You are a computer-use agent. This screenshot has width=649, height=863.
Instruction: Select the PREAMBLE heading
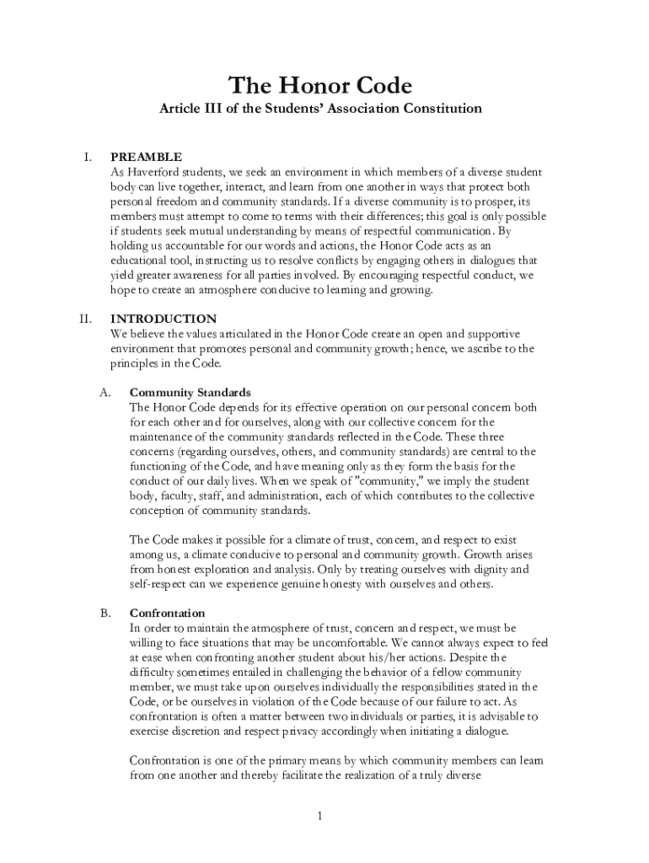(x=146, y=157)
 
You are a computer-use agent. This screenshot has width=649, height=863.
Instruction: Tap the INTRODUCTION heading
(x=164, y=319)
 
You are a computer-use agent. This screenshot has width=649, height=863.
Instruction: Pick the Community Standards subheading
(x=190, y=393)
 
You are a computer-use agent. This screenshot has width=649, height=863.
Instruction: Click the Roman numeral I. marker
(x=87, y=157)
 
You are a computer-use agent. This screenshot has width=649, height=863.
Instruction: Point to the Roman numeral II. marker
(x=85, y=319)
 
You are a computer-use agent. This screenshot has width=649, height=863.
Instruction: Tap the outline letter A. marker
(x=105, y=393)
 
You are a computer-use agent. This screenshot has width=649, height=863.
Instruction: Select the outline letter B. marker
(x=105, y=614)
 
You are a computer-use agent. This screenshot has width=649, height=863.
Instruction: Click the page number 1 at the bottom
(x=321, y=816)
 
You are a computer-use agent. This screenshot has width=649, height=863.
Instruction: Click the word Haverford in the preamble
(x=155, y=171)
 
